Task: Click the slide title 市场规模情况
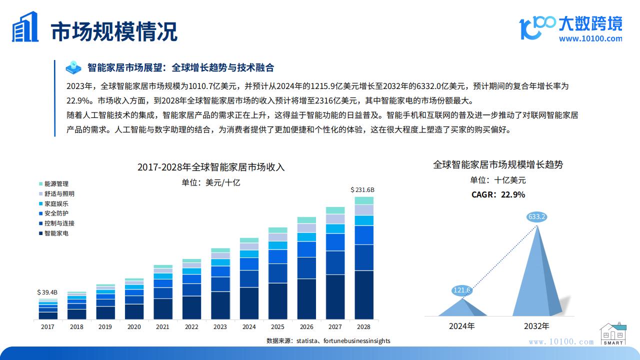click(114, 31)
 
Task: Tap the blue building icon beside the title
click(25, 27)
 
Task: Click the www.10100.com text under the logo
click(590, 38)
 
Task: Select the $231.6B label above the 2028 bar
click(362, 190)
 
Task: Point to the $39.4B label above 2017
click(47, 292)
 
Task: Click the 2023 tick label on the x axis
click(220, 327)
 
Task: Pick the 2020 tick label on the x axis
click(134, 327)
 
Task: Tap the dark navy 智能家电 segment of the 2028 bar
click(364, 294)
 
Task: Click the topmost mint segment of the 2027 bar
click(335, 210)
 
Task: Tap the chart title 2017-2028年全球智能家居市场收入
click(211, 167)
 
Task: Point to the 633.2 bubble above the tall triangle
click(536, 217)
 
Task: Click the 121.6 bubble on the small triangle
click(462, 290)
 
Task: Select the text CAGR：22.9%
click(498, 195)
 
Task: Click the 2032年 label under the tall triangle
click(536, 326)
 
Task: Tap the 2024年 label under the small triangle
click(462, 326)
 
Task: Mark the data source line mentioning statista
click(328, 341)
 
